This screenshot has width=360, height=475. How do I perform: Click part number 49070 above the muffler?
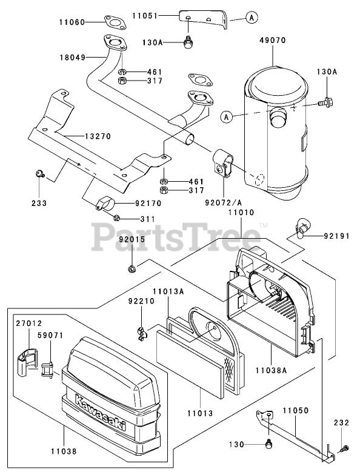(x=273, y=40)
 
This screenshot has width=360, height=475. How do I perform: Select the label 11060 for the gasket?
(x=72, y=22)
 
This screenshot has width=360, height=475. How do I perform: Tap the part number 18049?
(x=73, y=57)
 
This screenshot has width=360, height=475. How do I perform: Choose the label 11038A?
(x=271, y=370)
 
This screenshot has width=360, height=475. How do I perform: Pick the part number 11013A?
(x=168, y=291)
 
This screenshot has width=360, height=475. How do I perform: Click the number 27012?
(x=29, y=324)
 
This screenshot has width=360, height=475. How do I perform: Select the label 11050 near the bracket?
(x=296, y=411)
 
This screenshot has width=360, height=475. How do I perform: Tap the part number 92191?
(x=336, y=235)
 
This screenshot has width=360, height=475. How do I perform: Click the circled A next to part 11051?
(x=252, y=18)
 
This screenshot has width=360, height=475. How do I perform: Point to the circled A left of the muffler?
(x=227, y=116)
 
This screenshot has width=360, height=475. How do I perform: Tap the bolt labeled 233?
(x=39, y=174)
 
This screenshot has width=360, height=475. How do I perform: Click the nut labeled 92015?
(x=132, y=268)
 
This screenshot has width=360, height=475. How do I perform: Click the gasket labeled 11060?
(x=115, y=22)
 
